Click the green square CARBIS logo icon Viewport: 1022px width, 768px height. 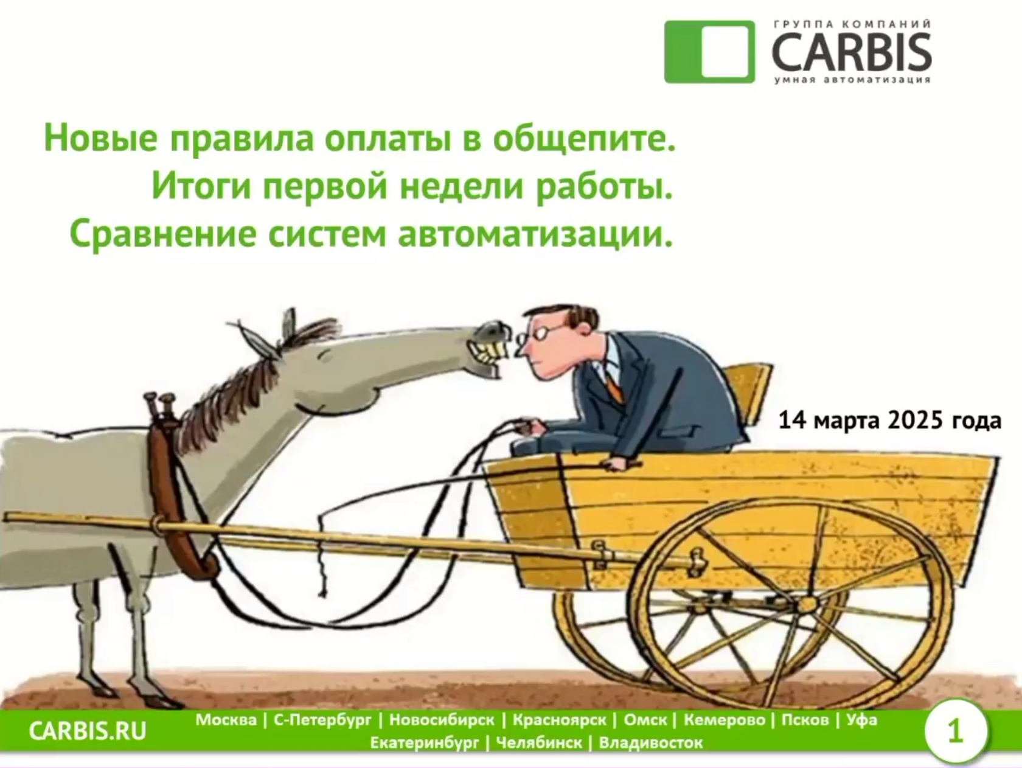(x=709, y=52)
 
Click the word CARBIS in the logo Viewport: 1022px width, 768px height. (x=852, y=52)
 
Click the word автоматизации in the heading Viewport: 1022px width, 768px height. (x=535, y=234)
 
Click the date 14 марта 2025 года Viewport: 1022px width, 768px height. (x=890, y=421)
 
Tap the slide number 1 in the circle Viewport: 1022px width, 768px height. (x=955, y=731)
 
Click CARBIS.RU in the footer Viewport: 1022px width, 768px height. (x=88, y=731)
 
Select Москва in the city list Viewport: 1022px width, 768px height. (x=226, y=720)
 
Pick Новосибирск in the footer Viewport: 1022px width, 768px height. (x=442, y=720)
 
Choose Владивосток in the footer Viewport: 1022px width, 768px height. (x=650, y=742)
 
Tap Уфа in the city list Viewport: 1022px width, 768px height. (x=861, y=720)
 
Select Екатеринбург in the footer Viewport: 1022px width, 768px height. (x=424, y=743)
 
